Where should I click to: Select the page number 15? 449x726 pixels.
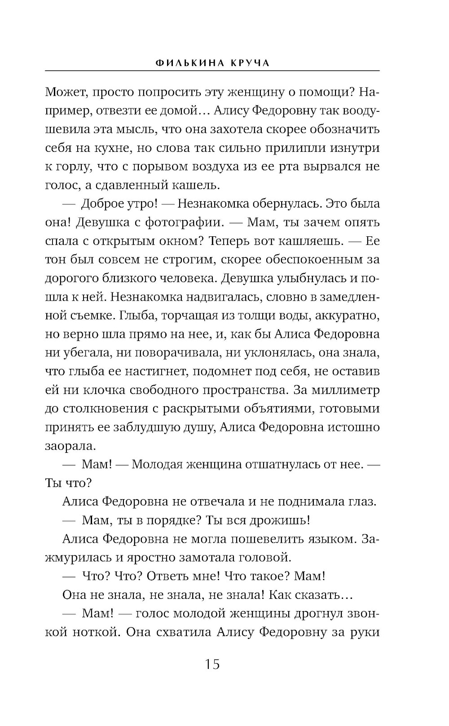[x=212, y=664]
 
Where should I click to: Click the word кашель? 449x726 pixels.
[x=193, y=185]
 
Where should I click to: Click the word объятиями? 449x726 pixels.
[x=283, y=409]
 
